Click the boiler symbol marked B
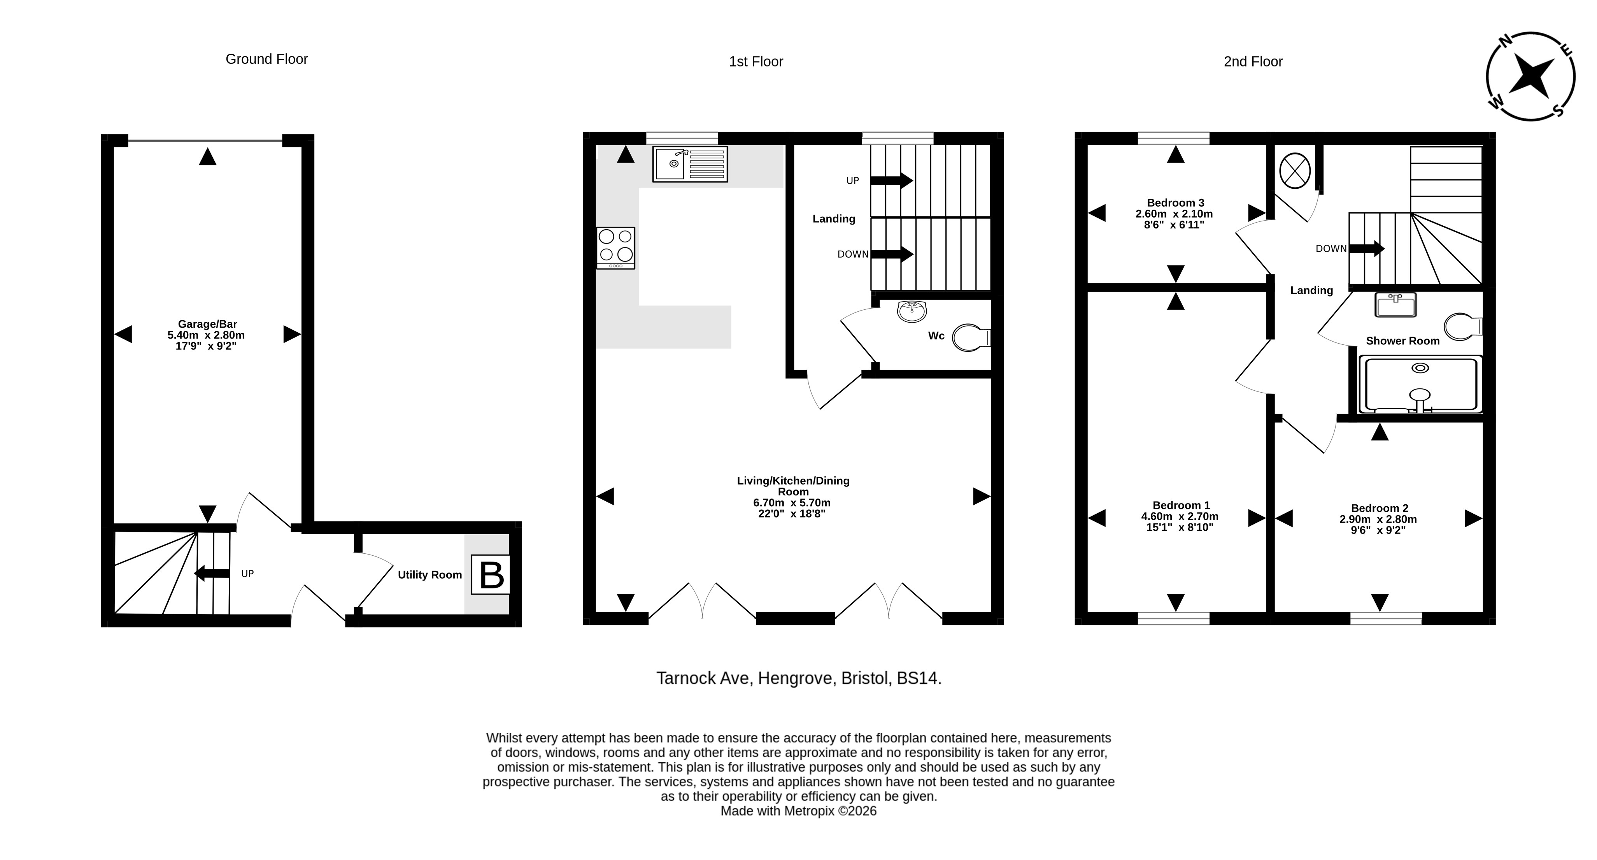click(x=491, y=575)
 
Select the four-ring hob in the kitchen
click(x=615, y=248)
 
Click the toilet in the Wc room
click(x=971, y=338)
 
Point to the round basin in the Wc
click(x=912, y=311)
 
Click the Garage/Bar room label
click(x=208, y=324)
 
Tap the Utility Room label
click(x=429, y=575)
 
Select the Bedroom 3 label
click(x=1175, y=203)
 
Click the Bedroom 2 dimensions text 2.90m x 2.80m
click(x=1378, y=520)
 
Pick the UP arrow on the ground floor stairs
click(x=212, y=574)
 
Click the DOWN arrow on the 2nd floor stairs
click(x=1367, y=249)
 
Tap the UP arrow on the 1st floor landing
click(x=892, y=181)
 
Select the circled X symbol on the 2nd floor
click(x=1295, y=170)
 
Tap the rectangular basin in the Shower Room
click(x=1395, y=304)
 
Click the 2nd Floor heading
click(x=1253, y=61)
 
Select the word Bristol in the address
click(x=865, y=678)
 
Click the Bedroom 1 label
click(x=1181, y=505)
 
